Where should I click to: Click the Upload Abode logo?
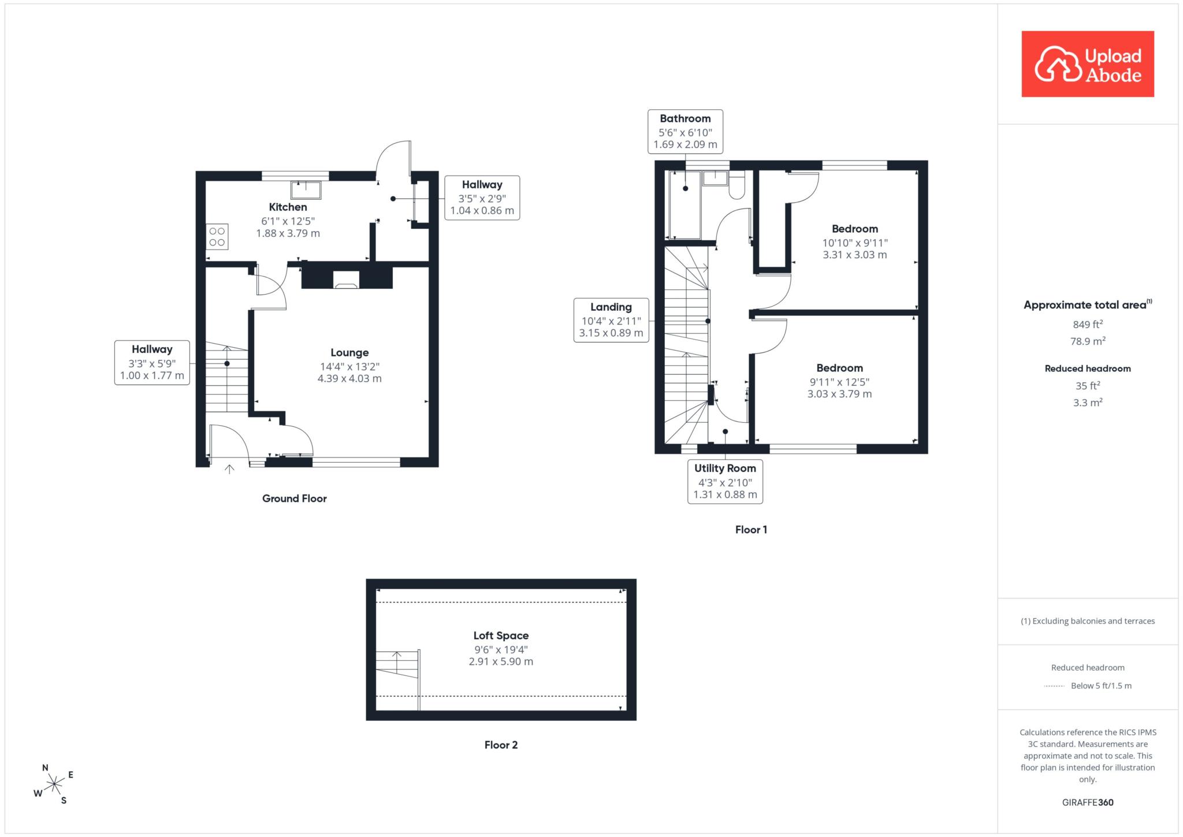1088,64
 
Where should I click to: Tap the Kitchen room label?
288,207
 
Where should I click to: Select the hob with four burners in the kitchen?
217,236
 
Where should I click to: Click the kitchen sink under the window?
306,190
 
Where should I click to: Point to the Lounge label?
349,353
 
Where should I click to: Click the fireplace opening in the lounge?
347,280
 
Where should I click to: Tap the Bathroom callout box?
685,131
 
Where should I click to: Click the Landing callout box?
611,320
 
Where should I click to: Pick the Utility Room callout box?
725,481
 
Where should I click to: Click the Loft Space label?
501,636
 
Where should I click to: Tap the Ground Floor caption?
295,499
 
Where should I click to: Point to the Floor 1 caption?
751,530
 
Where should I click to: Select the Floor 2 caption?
501,745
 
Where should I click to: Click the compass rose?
54,784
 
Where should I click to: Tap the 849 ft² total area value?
1088,325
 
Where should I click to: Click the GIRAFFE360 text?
1088,802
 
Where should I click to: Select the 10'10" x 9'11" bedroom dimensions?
855,243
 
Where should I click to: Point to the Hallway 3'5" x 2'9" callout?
482,198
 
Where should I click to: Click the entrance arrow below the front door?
229,469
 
